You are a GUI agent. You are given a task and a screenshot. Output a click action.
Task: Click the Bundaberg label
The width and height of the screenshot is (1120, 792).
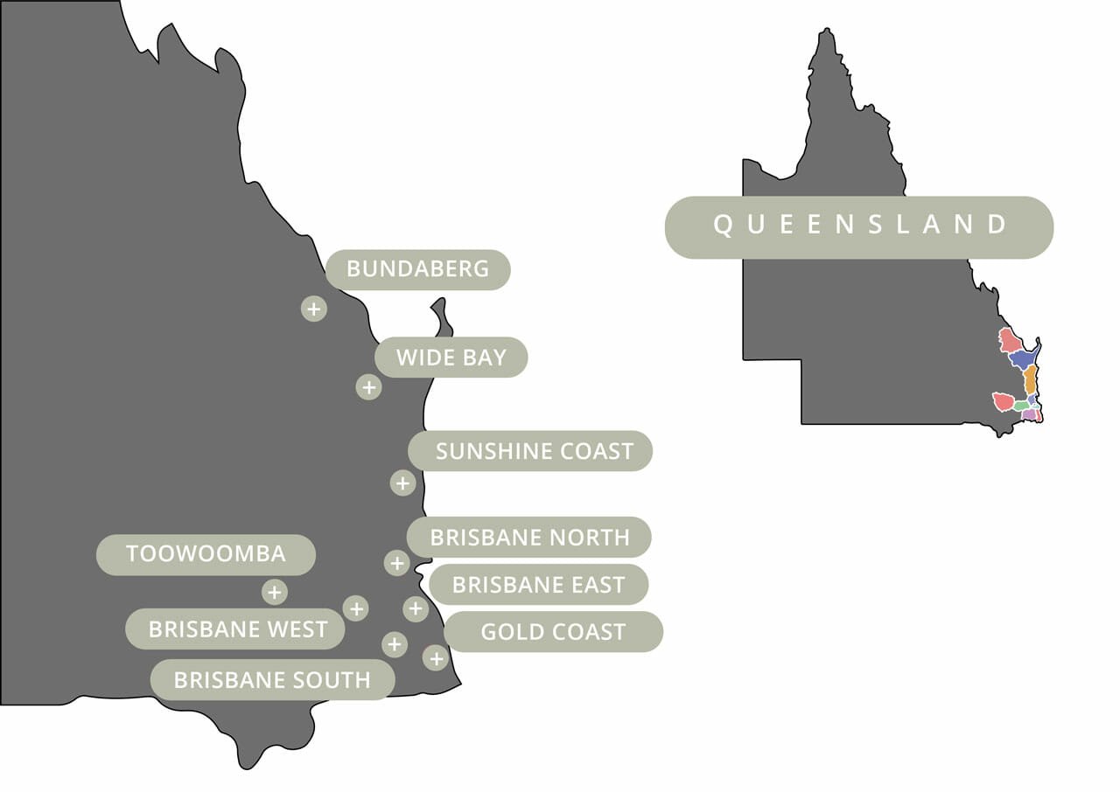click(417, 269)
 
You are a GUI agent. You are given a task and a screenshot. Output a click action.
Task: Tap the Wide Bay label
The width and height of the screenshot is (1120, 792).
click(451, 358)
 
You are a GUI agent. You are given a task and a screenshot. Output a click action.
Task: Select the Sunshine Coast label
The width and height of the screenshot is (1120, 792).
click(530, 451)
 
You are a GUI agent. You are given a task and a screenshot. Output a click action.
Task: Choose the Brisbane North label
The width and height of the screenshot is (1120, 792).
click(528, 537)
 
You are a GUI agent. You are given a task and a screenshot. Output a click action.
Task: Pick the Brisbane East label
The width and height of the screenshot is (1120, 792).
click(538, 585)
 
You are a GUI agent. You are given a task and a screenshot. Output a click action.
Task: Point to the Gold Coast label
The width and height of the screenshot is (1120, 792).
click(553, 632)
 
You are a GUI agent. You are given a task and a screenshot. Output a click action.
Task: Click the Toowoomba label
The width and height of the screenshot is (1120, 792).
click(206, 554)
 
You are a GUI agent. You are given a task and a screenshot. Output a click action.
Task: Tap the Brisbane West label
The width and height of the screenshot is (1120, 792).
click(235, 629)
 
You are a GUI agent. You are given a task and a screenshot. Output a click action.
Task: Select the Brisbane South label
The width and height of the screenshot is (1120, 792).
click(272, 680)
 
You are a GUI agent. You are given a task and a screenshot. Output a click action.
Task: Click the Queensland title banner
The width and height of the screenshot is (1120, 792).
click(858, 226)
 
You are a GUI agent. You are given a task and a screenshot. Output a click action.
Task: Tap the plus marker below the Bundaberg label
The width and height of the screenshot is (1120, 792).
click(313, 309)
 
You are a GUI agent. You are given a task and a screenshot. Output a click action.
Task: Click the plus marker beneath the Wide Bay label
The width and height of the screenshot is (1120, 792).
click(368, 386)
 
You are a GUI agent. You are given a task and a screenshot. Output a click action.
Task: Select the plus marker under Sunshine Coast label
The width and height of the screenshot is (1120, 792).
click(402, 483)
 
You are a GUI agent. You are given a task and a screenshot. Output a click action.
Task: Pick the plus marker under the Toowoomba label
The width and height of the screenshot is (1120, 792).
click(274, 592)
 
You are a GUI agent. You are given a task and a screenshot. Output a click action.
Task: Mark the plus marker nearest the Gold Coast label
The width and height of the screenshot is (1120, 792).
click(435, 658)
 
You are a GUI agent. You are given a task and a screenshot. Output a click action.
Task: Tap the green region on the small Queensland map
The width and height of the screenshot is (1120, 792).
click(1021, 406)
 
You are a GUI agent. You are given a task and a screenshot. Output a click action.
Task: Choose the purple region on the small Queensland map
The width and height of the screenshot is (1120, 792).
click(1029, 415)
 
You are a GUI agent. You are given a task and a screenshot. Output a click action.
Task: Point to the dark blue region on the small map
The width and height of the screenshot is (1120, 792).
click(1022, 359)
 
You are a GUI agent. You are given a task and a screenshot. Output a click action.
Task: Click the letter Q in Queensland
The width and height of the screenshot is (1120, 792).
click(723, 226)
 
